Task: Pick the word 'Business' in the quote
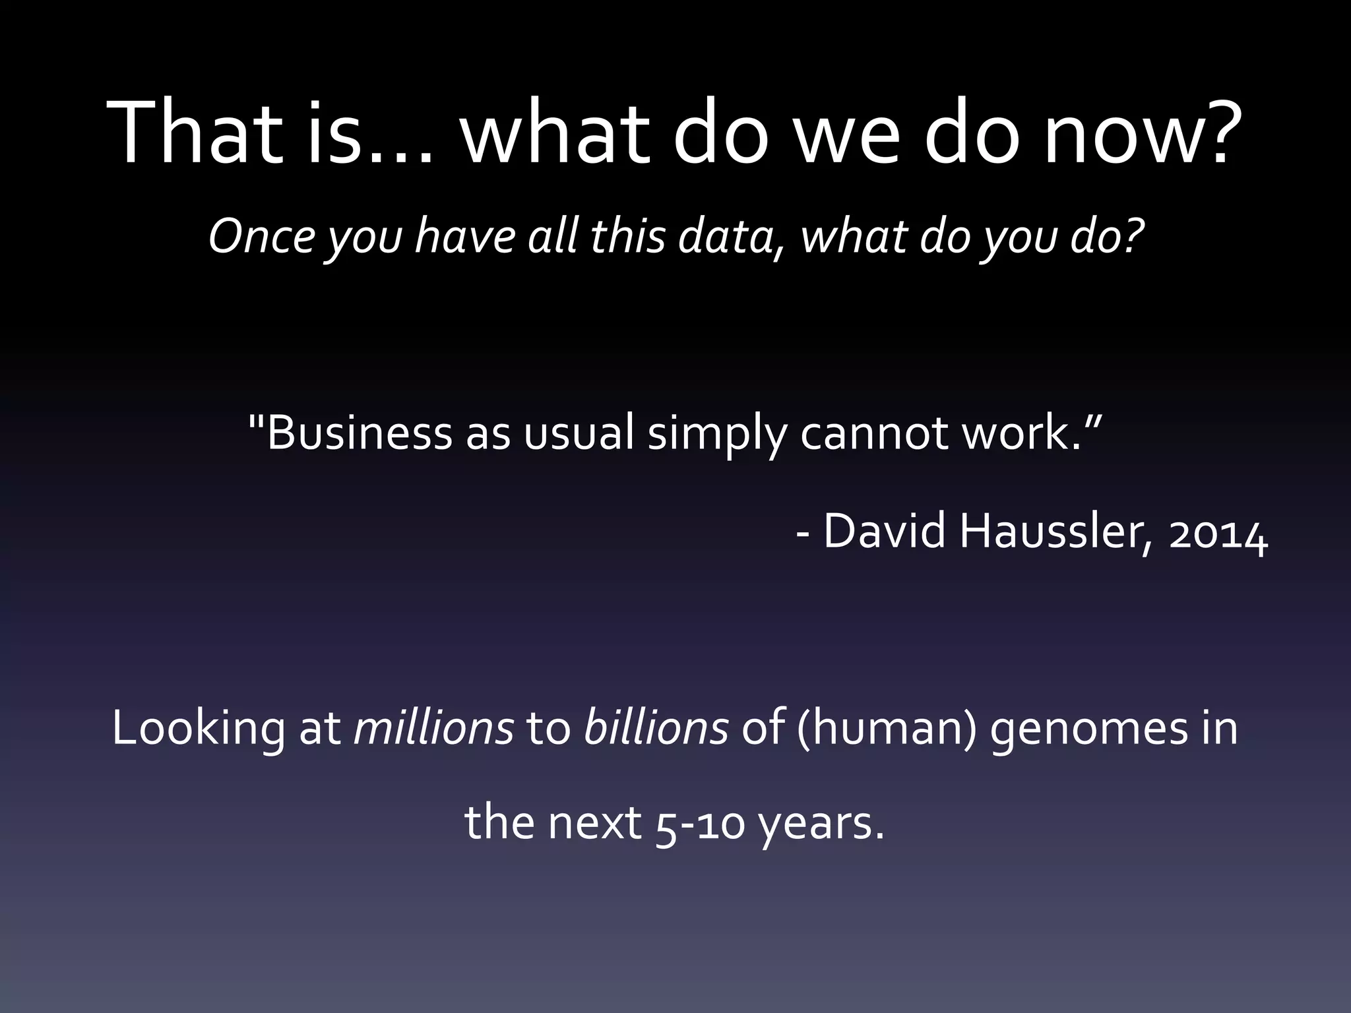(359, 433)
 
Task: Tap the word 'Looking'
(199, 729)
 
